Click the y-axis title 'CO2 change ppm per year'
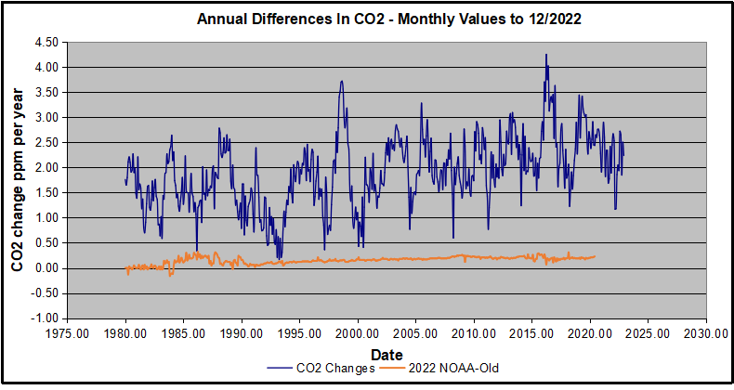19,179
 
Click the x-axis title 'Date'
386,355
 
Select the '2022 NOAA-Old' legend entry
450,368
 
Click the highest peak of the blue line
546,55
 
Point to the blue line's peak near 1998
342,81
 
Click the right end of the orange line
595,256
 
